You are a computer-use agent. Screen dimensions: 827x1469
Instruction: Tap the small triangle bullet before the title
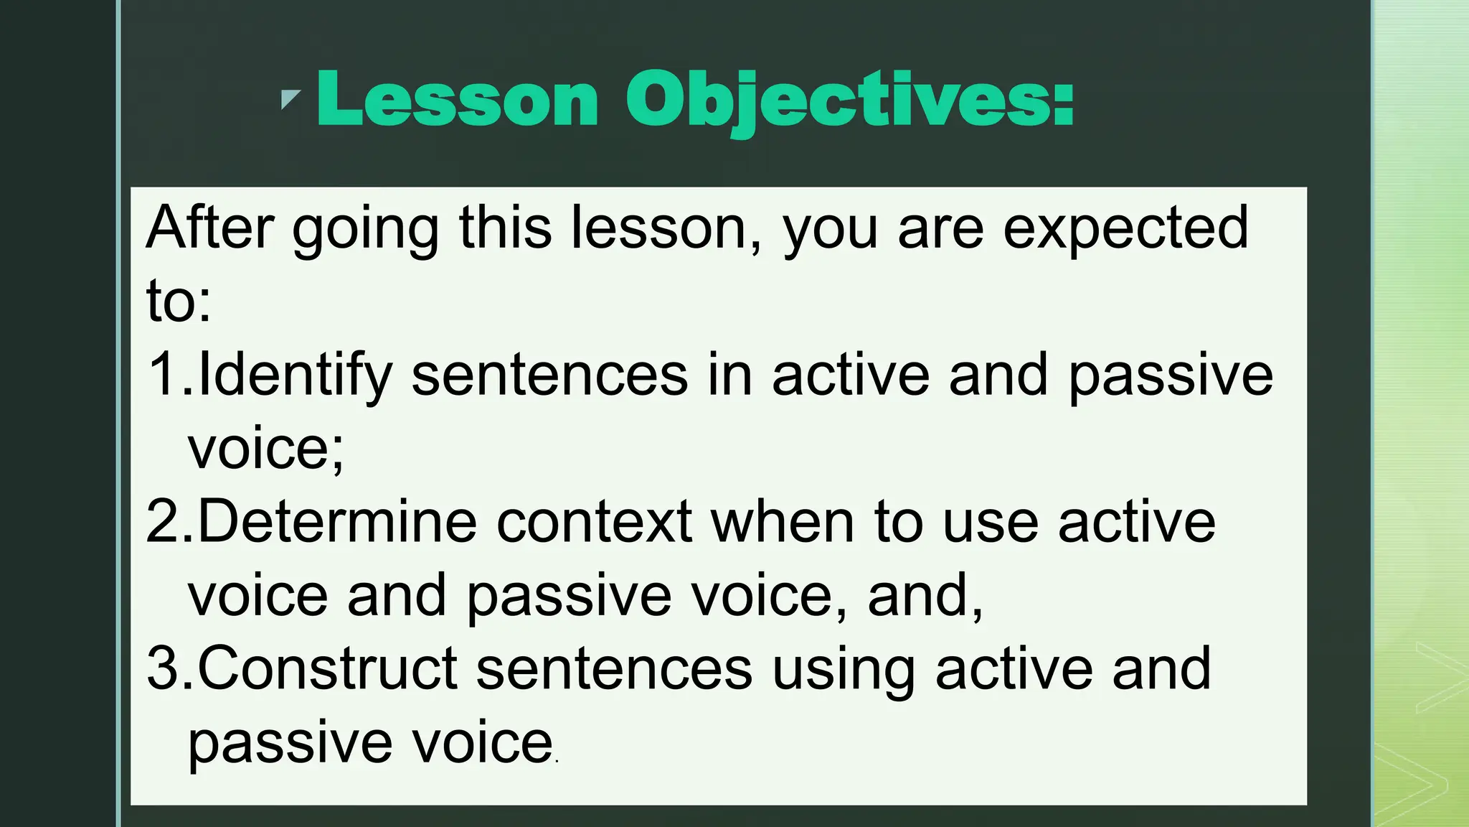(289, 98)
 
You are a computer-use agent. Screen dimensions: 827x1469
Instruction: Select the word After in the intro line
(209, 228)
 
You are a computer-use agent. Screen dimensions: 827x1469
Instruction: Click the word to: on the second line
(179, 301)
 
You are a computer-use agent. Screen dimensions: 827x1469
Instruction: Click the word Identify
(295, 375)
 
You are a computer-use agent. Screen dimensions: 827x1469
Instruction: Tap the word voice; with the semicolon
(266, 449)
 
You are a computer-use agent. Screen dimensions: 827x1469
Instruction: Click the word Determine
(337, 522)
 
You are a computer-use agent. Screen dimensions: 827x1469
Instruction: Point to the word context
(594, 522)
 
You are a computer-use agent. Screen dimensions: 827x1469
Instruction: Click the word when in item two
(783, 522)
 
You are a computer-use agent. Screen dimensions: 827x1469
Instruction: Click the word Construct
(327, 668)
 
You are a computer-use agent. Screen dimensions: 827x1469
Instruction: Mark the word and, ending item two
(925, 595)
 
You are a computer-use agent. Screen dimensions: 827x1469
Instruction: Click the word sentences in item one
(549, 375)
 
